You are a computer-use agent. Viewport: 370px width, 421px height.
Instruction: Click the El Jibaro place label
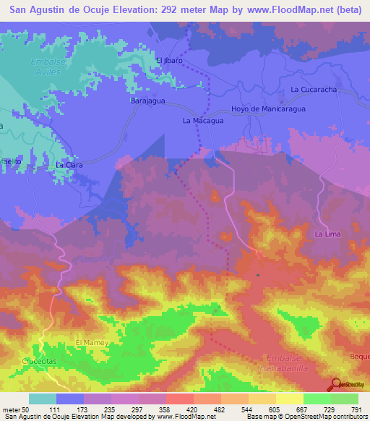click(169, 61)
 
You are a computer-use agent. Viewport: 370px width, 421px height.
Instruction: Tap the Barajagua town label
click(147, 102)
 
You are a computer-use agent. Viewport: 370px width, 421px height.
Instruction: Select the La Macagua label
click(203, 121)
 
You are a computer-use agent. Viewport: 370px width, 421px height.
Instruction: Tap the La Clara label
click(69, 165)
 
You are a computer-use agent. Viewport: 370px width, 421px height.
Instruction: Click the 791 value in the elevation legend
click(357, 409)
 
